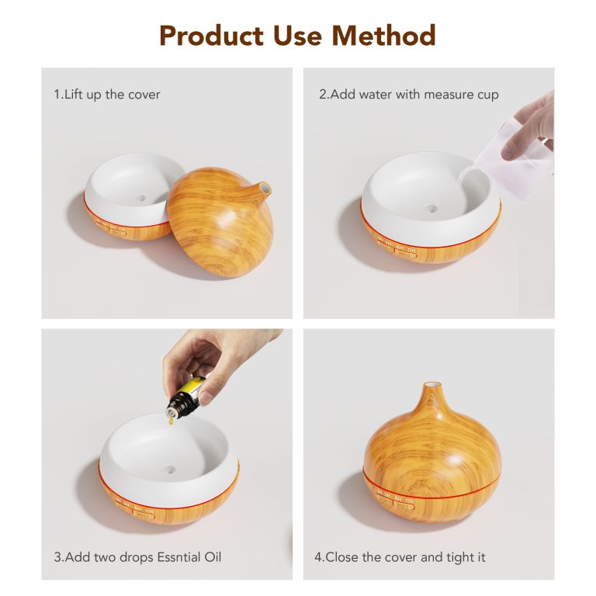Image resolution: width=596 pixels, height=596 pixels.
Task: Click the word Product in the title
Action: click(x=211, y=36)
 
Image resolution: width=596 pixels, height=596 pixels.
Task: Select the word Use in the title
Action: click(x=297, y=36)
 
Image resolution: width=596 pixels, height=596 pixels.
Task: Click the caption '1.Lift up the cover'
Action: click(x=107, y=94)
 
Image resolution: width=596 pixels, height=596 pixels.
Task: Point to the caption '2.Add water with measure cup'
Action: click(x=409, y=94)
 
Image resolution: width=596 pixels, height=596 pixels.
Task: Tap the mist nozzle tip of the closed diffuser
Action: click(x=432, y=383)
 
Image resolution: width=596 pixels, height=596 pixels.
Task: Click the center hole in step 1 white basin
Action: click(x=140, y=198)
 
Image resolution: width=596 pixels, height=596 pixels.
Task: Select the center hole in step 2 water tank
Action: click(x=431, y=208)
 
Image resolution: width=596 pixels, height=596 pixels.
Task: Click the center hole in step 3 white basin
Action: click(x=169, y=470)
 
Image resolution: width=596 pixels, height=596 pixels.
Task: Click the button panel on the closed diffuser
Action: click(x=395, y=501)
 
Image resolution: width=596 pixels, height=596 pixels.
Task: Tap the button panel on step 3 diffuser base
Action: click(x=135, y=508)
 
